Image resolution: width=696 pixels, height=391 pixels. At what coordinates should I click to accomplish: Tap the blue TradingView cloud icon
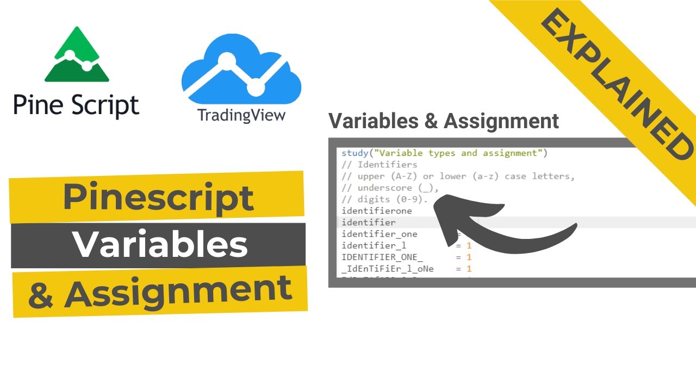click(241, 70)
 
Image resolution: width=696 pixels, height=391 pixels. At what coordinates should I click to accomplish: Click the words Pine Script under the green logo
click(76, 105)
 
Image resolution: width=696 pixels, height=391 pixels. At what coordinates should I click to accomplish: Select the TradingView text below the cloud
click(241, 116)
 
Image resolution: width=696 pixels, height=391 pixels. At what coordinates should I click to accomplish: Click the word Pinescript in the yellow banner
click(158, 197)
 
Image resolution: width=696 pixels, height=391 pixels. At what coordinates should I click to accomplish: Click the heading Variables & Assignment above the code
click(444, 121)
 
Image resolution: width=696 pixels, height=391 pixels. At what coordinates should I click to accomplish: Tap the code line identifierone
click(376, 211)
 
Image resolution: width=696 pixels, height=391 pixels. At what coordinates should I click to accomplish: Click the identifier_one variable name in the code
click(379, 234)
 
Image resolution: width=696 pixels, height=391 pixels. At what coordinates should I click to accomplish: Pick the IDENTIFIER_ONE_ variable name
click(382, 257)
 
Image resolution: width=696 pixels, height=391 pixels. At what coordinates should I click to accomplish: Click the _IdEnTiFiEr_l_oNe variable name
click(387, 269)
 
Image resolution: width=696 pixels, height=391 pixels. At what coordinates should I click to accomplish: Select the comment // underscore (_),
click(389, 188)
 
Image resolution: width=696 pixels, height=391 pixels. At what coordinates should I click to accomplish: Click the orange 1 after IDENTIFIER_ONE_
click(469, 257)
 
